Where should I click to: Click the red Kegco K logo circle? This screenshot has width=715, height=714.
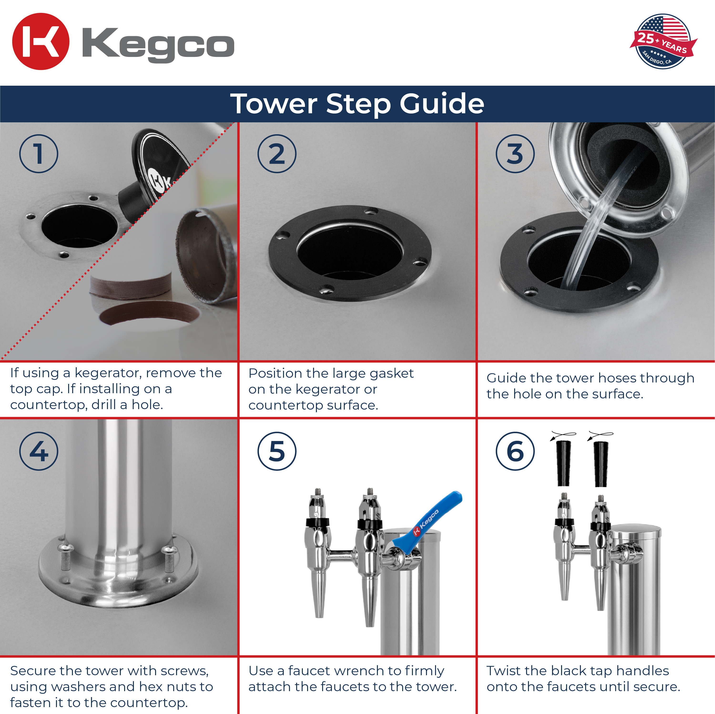(41, 41)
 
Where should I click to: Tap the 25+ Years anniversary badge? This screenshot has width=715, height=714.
(663, 41)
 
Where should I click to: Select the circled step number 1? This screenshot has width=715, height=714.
(39, 154)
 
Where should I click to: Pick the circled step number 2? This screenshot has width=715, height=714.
(277, 154)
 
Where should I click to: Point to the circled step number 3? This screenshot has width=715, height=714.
(515, 154)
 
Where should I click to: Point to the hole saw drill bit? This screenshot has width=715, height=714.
(205, 255)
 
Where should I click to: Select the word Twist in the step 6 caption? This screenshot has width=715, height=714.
(503, 671)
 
